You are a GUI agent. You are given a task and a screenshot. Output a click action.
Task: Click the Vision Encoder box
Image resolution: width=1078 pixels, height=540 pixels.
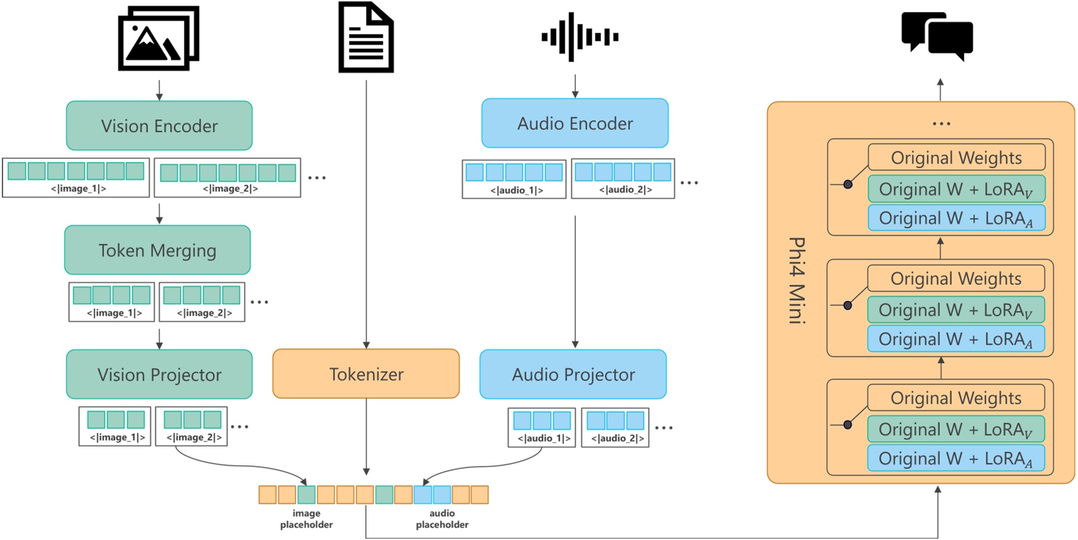159,126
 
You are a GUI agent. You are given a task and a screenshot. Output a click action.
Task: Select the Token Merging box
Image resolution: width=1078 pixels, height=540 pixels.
157,250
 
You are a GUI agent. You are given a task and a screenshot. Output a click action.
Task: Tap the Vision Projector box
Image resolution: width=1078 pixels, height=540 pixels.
159,374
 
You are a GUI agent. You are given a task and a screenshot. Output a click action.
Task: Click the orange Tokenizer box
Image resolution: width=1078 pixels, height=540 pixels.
366,374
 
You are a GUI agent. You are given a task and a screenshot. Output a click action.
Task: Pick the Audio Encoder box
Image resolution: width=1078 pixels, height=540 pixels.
575,123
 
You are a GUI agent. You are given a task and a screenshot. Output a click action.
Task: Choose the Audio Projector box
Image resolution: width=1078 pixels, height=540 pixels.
573,374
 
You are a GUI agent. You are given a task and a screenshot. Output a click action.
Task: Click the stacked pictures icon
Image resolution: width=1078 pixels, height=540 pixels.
159,38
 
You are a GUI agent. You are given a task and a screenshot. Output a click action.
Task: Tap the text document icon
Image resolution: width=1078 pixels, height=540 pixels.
366,37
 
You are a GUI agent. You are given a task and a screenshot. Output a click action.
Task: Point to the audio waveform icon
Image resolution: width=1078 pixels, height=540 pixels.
580,37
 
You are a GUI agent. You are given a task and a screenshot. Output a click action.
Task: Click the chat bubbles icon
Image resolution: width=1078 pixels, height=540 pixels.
937,36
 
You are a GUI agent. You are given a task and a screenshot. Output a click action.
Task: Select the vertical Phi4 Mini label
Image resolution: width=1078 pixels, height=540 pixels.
797,280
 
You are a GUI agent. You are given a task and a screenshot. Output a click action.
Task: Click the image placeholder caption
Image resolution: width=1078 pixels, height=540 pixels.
306,519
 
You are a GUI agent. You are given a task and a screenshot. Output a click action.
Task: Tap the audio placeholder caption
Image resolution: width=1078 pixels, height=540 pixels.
442,519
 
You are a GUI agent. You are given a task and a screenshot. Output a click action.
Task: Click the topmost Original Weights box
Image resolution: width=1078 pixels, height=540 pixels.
956,157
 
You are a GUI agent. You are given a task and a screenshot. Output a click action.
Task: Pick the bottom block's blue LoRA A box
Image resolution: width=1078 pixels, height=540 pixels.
956,458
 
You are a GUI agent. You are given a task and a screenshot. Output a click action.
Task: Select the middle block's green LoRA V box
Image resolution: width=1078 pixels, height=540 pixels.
956,310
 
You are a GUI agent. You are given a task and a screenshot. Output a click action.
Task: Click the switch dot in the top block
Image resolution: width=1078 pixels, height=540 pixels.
848,184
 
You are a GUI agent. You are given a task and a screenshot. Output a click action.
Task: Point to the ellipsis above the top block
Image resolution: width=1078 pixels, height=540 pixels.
941,124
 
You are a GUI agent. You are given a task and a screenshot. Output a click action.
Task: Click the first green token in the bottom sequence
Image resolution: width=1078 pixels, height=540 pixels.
306,495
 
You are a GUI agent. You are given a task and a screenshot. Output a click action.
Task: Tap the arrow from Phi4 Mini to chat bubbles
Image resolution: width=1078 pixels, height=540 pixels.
940,89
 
